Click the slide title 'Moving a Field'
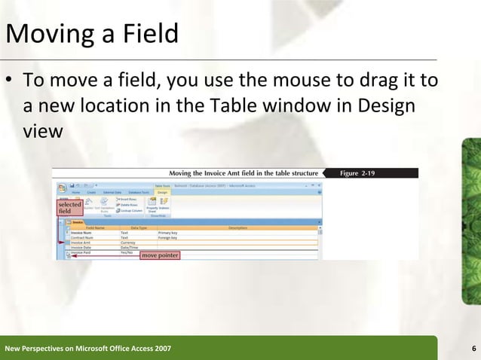pyautogui.click(x=92, y=34)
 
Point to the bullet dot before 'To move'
pyautogui.click(x=11, y=81)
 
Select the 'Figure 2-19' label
pyautogui.click(x=359, y=173)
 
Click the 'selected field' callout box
pyautogui.click(x=69, y=208)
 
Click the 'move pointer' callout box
pyautogui.click(x=160, y=255)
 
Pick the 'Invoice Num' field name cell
pyautogui.click(x=86, y=233)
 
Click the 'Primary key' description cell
pyautogui.click(x=167, y=233)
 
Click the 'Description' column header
pyautogui.click(x=237, y=227)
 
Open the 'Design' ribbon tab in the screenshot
pyautogui.click(x=163, y=192)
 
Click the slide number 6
pyautogui.click(x=473, y=348)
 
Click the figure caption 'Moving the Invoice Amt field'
pyautogui.click(x=242, y=173)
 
